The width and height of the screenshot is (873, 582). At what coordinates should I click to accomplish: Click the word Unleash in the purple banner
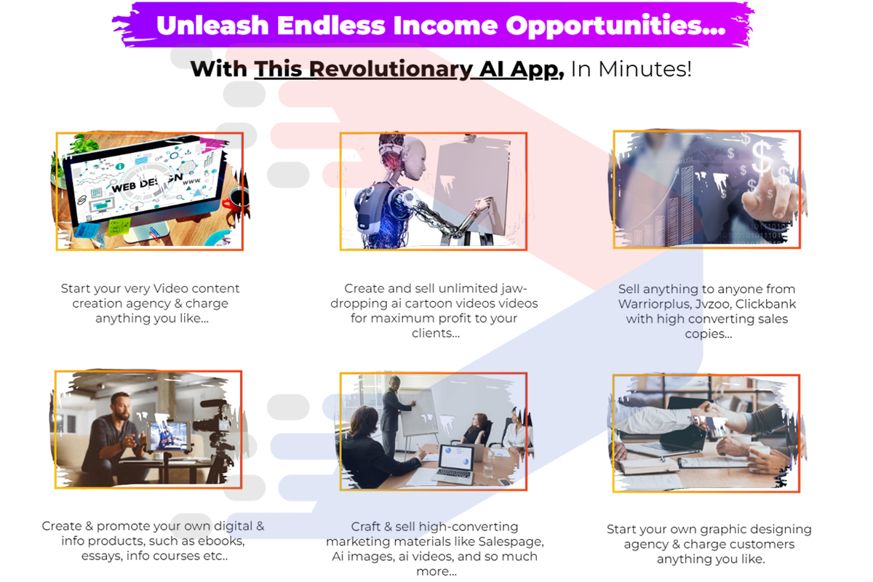coord(212,25)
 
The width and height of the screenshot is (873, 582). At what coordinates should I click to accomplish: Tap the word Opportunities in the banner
coord(615,26)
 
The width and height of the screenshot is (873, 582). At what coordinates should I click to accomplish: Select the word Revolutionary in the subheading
coord(391,69)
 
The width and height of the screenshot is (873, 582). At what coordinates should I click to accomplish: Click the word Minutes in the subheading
coord(645,69)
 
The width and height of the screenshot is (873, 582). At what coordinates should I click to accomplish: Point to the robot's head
coord(405,156)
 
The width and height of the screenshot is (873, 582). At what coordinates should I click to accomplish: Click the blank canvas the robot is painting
coord(472,187)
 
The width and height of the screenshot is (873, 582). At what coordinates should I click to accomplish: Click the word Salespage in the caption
coord(511,542)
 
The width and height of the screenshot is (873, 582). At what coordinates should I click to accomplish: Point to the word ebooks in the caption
coord(221,541)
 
